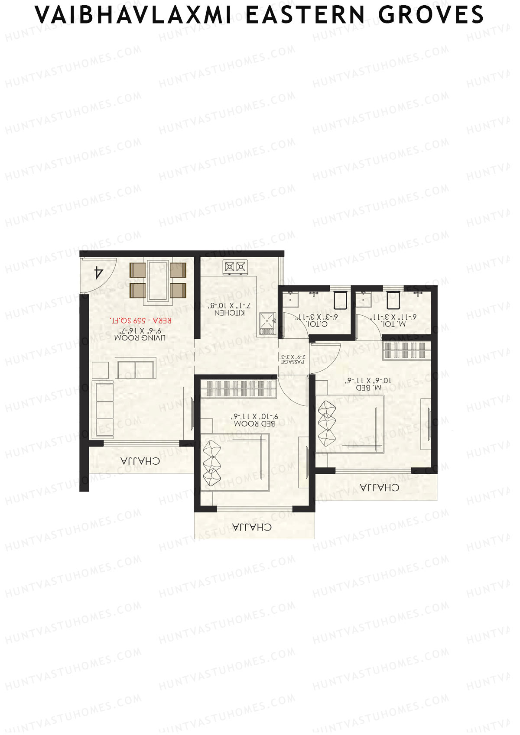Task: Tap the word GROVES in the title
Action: pyautogui.click(x=431, y=15)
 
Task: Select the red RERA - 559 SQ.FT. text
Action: pyautogui.click(x=141, y=321)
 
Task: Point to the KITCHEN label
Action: pyautogui.click(x=230, y=312)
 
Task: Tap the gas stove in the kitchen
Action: pyautogui.click(x=235, y=267)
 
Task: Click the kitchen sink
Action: pyautogui.click(x=267, y=321)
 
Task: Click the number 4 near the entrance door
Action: pyautogui.click(x=99, y=272)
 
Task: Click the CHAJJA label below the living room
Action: pyautogui.click(x=140, y=461)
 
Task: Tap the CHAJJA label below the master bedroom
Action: pyautogui.click(x=380, y=488)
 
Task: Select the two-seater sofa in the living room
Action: pyautogui.click(x=136, y=369)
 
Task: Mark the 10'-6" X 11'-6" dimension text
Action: pyautogui.click(x=368, y=380)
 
